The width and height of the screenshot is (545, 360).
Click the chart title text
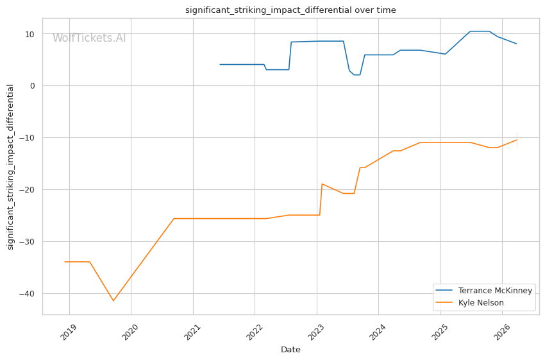click(x=290, y=10)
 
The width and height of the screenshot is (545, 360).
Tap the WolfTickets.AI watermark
click(x=89, y=38)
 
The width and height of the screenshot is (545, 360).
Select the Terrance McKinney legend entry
click(x=495, y=290)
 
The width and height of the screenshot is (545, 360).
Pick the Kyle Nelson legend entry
click(x=481, y=302)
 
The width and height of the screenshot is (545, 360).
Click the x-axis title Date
click(x=290, y=350)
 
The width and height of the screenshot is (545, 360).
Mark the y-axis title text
click(x=10, y=167)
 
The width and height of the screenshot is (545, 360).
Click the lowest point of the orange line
click(x=113, y=301)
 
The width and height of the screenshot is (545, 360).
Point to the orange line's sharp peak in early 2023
click(x=322, y=184)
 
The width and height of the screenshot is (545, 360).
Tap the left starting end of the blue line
click(x=220, y=64)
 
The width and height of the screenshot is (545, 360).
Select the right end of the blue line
click(x=517, y=44)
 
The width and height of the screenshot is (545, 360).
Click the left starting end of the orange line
click(x=65, y=262)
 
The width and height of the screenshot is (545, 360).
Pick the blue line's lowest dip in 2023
click(x=356, y=75)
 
